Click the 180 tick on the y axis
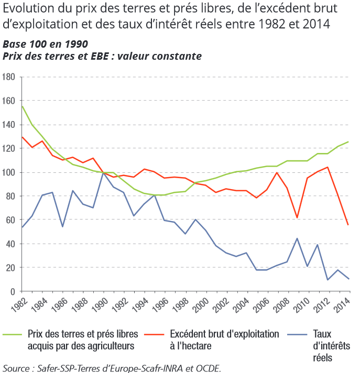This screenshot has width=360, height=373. (9, 77)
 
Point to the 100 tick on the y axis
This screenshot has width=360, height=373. (9, 172)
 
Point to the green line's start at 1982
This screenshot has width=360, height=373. (22, 106)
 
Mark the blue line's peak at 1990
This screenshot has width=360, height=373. (104, 172)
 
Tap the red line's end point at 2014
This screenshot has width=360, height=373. (348, 225)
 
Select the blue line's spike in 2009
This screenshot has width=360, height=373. (298, 238)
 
